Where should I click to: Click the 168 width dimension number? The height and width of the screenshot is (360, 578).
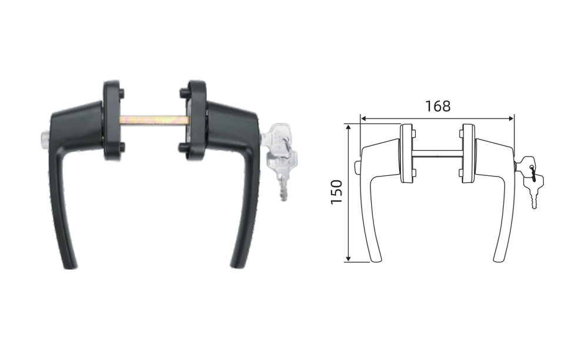[x=438, y=106]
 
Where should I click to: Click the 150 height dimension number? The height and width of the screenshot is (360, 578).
[x=337, y=192]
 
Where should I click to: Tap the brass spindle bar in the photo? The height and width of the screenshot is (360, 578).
[x=155, y=120]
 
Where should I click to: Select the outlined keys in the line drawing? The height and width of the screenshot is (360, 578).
[x=529, y=181]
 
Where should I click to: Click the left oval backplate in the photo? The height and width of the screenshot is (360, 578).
[x=113, y=120]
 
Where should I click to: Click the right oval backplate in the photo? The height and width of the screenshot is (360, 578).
[x=195, y=120]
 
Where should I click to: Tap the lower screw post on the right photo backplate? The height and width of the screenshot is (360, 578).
[x=183, y=148]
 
